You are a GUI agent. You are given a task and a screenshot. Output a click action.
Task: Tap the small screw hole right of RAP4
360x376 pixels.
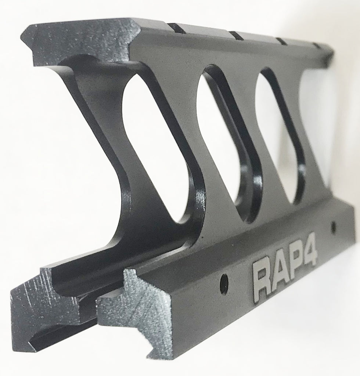pos(333,227)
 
